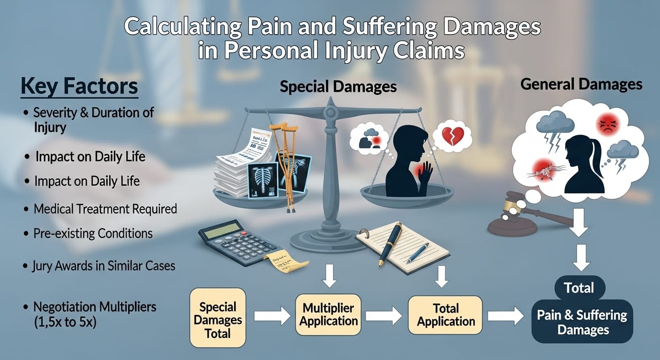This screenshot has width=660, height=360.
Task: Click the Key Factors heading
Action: point(79,87)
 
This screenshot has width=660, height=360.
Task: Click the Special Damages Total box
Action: point(217,321)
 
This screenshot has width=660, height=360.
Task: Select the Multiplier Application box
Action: point(329,315)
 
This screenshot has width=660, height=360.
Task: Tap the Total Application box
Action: point(446,315)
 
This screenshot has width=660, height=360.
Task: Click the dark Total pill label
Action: point(579,287)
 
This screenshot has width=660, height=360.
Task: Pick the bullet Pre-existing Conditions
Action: point(93,233)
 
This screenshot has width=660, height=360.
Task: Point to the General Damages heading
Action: point(581,84)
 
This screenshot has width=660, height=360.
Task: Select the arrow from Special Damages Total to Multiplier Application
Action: point(272,316)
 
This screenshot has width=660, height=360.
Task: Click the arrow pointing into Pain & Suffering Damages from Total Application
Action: point(505,316)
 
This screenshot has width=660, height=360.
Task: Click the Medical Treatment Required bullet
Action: point(105,209)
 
